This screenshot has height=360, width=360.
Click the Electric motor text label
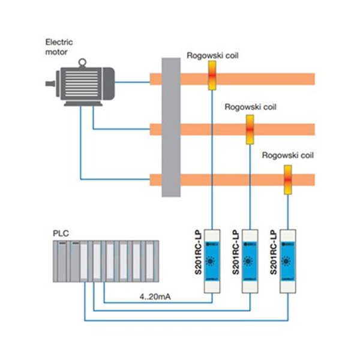click(58, 47)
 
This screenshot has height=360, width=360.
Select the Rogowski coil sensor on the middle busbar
click(250, 129)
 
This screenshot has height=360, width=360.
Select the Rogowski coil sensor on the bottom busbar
click(288, 179)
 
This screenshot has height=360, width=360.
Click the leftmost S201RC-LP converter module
click(212, 261)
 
